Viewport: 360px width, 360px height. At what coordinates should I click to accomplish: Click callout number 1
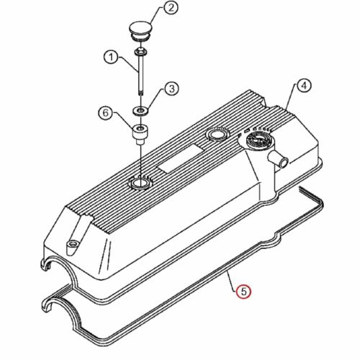point(111,58)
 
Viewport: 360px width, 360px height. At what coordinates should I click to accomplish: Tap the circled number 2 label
point(171,8)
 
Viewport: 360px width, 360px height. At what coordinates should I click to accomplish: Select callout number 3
point(171,89)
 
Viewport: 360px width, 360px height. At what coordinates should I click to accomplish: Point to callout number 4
point(304,85)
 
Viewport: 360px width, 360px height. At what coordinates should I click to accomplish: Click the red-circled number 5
point(243,292)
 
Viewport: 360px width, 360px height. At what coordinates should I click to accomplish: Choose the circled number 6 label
point(106,113)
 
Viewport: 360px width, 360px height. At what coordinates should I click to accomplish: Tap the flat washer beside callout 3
point(140,111)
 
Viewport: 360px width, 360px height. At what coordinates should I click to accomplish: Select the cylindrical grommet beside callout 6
point(140,135)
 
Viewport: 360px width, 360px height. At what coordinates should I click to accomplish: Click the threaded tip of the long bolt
point(140,93)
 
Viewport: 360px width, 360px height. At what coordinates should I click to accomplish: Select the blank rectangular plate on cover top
point(180,158)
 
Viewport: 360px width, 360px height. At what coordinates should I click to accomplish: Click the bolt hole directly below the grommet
point(139,184)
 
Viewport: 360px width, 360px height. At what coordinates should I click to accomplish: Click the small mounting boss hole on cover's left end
point(72,245)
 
